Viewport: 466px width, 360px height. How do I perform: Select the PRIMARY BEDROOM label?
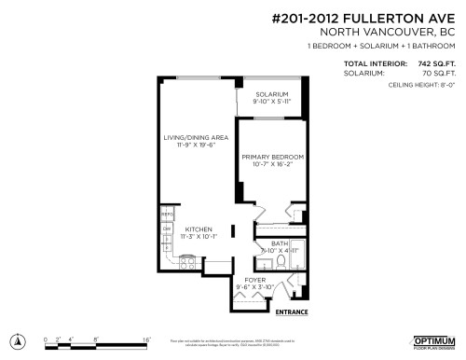[x=271, y=157]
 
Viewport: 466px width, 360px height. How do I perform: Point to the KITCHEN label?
[x=197, y=229]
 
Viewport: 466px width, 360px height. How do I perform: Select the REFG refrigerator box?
[x=168, y=215]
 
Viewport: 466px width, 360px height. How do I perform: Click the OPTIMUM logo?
[x=432, y=339]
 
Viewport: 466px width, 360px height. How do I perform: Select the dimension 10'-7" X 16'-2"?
[x=271, y=164]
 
